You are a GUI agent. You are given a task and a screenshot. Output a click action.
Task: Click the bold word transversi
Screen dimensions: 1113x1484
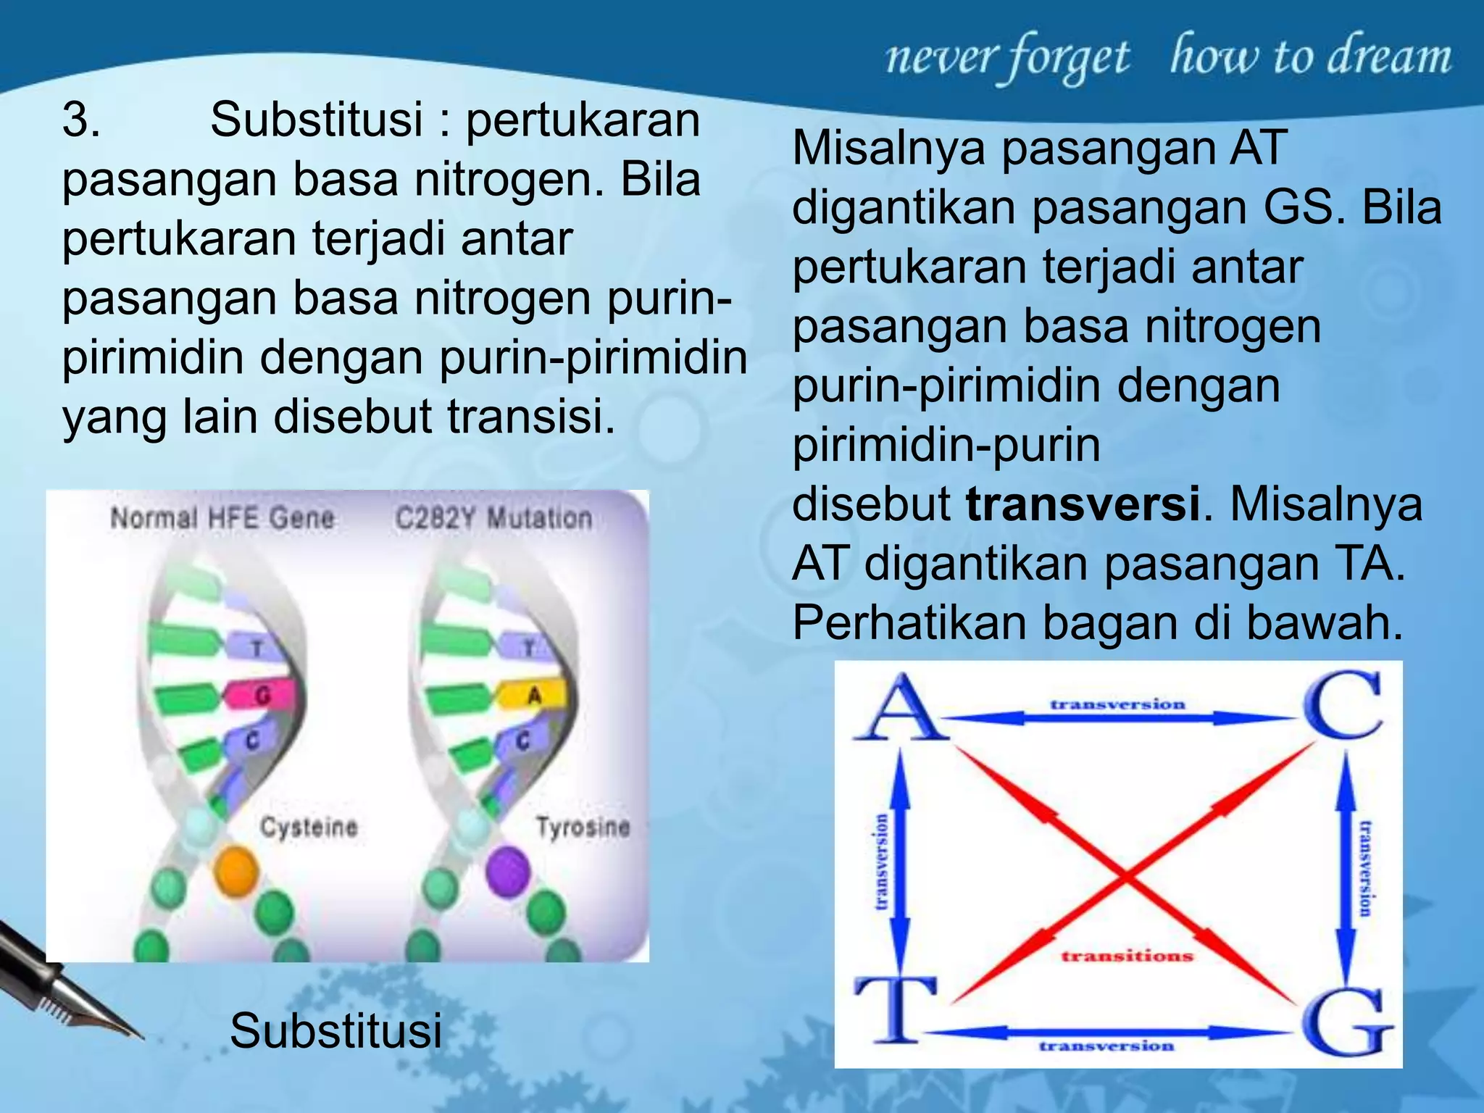pos(1083,504)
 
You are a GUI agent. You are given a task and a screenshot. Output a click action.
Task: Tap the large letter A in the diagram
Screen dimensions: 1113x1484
pos(900,708)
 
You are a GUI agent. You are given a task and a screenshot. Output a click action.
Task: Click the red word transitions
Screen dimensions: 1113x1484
pos(1127,956)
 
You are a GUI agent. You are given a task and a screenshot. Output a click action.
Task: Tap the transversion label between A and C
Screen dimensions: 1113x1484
pos(1117,704)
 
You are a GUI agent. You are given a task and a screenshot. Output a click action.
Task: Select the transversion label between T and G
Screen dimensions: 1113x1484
pos(1106,1046)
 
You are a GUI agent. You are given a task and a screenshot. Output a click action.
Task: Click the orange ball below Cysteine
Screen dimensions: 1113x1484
pos(236,870)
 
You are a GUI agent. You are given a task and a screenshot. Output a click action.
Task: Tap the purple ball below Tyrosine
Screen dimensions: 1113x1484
pos(508,871)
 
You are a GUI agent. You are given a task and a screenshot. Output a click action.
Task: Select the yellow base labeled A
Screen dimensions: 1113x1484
pos(533,696)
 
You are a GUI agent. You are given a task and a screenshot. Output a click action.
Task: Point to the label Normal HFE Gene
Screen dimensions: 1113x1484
pos(222,518)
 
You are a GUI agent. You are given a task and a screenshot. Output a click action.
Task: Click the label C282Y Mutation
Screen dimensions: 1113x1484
pos(493,518)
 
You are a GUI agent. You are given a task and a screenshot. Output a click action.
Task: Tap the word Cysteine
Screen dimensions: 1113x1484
pos(309,827)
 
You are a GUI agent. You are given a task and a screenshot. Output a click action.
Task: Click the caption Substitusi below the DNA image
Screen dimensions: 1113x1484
pos(335,1030)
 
